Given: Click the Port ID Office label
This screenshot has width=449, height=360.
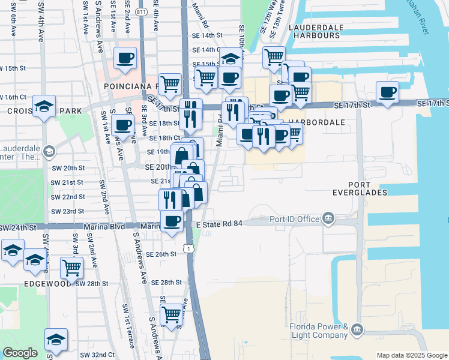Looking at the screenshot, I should pyautogui.click(x=295, y=219).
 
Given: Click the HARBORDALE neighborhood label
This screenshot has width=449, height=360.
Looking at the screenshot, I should pyautogui.click(x=317, y=122).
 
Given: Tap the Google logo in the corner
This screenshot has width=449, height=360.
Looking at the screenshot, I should pyautogui.click(x=20, y=353).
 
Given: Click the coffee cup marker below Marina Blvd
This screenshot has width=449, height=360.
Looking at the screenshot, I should pyautogui.click(x=172, y=221).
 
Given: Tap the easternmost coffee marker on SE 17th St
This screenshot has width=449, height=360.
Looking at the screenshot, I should pyautogui.click(x=387, y=92).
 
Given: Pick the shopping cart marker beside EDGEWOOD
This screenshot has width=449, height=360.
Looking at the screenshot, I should pyautogui.click(x=71, y=267).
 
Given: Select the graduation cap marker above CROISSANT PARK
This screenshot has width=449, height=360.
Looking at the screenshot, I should pyautogui.click(x=44, y=106).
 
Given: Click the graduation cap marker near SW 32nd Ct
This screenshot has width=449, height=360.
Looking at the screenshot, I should pyautogui.click(x=56, y=340).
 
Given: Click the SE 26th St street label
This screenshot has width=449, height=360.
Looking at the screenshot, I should pyautogui.click(x=164, y=254).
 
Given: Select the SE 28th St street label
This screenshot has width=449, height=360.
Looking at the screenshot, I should pyautogui.click(x=166, y=282).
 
